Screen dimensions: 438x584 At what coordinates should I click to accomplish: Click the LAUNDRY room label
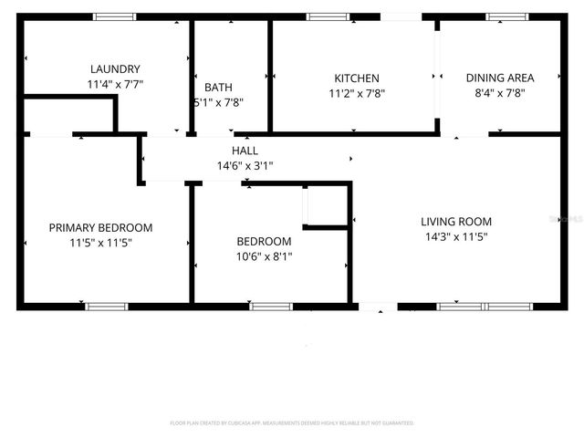click(x=115, y=69)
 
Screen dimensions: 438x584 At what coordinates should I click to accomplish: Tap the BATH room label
click(x=218, y=88)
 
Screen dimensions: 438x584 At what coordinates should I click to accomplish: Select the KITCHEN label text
click(x=356, y=78)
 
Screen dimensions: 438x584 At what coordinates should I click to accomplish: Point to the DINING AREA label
click(x=500, y=78)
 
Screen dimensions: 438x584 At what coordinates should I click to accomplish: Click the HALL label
click(x=245, y=151)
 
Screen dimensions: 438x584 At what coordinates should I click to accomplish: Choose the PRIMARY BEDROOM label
click(x=100, y=228)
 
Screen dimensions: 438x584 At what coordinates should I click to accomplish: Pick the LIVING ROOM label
click(x=456, y=222)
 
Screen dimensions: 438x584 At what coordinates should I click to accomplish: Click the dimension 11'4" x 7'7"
click(x=115, y=84)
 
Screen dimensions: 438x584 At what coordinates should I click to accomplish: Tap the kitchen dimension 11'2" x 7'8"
click(x=356, y=93)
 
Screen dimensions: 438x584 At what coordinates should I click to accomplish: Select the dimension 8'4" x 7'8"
click(x=500, y=93)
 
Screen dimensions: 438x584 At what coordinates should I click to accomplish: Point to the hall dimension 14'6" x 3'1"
click(x=245, y=166)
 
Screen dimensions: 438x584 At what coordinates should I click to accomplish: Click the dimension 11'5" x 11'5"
click(x=100, y=244)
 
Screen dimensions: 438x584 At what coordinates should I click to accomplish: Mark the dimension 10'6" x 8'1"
click(x=264, y=256)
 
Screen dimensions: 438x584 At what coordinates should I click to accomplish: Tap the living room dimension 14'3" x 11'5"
click(x=456, y=237)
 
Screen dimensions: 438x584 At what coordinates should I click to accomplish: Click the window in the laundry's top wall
click(x=115, y=16)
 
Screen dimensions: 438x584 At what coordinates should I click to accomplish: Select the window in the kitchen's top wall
click(x=328, y=16)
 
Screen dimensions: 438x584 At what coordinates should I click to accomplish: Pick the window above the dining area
click(x=506, y=16)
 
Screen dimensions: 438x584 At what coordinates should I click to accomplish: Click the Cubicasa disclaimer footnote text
click(x=292, y=423)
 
